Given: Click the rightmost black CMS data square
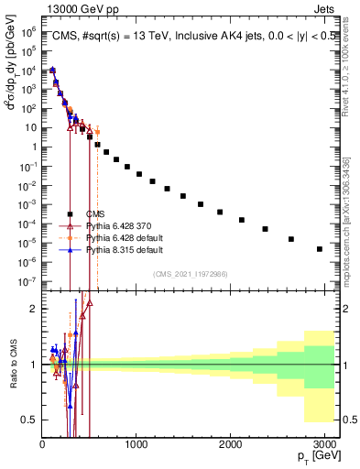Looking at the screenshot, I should [x=319, y=249].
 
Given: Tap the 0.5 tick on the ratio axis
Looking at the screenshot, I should [x=29, y=420].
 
